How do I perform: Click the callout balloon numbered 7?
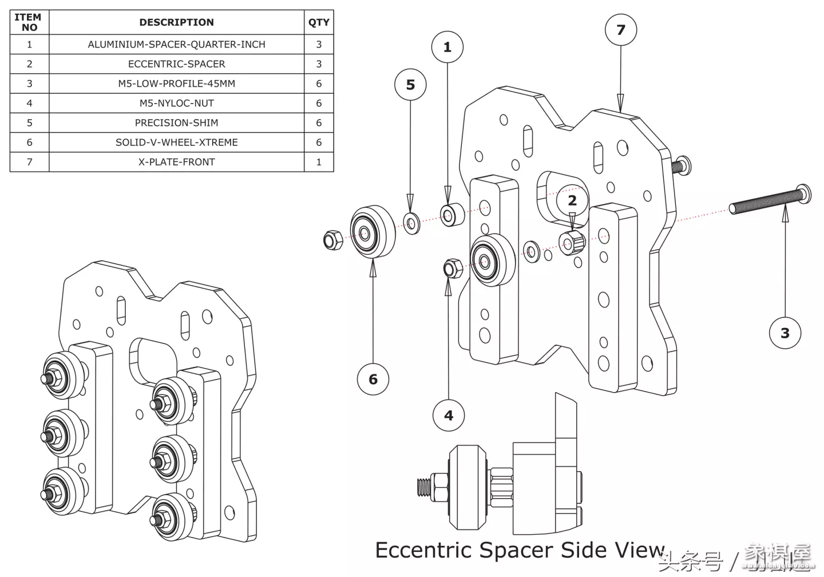[x=621, y=30]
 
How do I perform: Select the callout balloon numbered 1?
[x=447, y=47]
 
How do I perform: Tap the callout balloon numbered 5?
[x=410, y=85]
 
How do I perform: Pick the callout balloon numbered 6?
[x=373, y=379]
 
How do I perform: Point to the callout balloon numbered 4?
[x=449, y=416]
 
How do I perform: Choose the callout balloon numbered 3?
[x=785, y=333]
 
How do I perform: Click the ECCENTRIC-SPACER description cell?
[x=176, y=64]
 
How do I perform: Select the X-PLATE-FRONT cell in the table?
[x=176, y=162]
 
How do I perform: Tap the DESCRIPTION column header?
[x=176, y=22]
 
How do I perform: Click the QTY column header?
[x=319, y=22]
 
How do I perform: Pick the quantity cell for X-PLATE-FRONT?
[x=319, y=162]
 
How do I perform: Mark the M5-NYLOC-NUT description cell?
[x=176, y=103]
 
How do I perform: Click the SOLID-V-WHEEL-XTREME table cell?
[x=176, y=143]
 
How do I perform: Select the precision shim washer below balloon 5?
[x=411, y=223]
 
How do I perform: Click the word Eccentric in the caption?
[x=423, y=550]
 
